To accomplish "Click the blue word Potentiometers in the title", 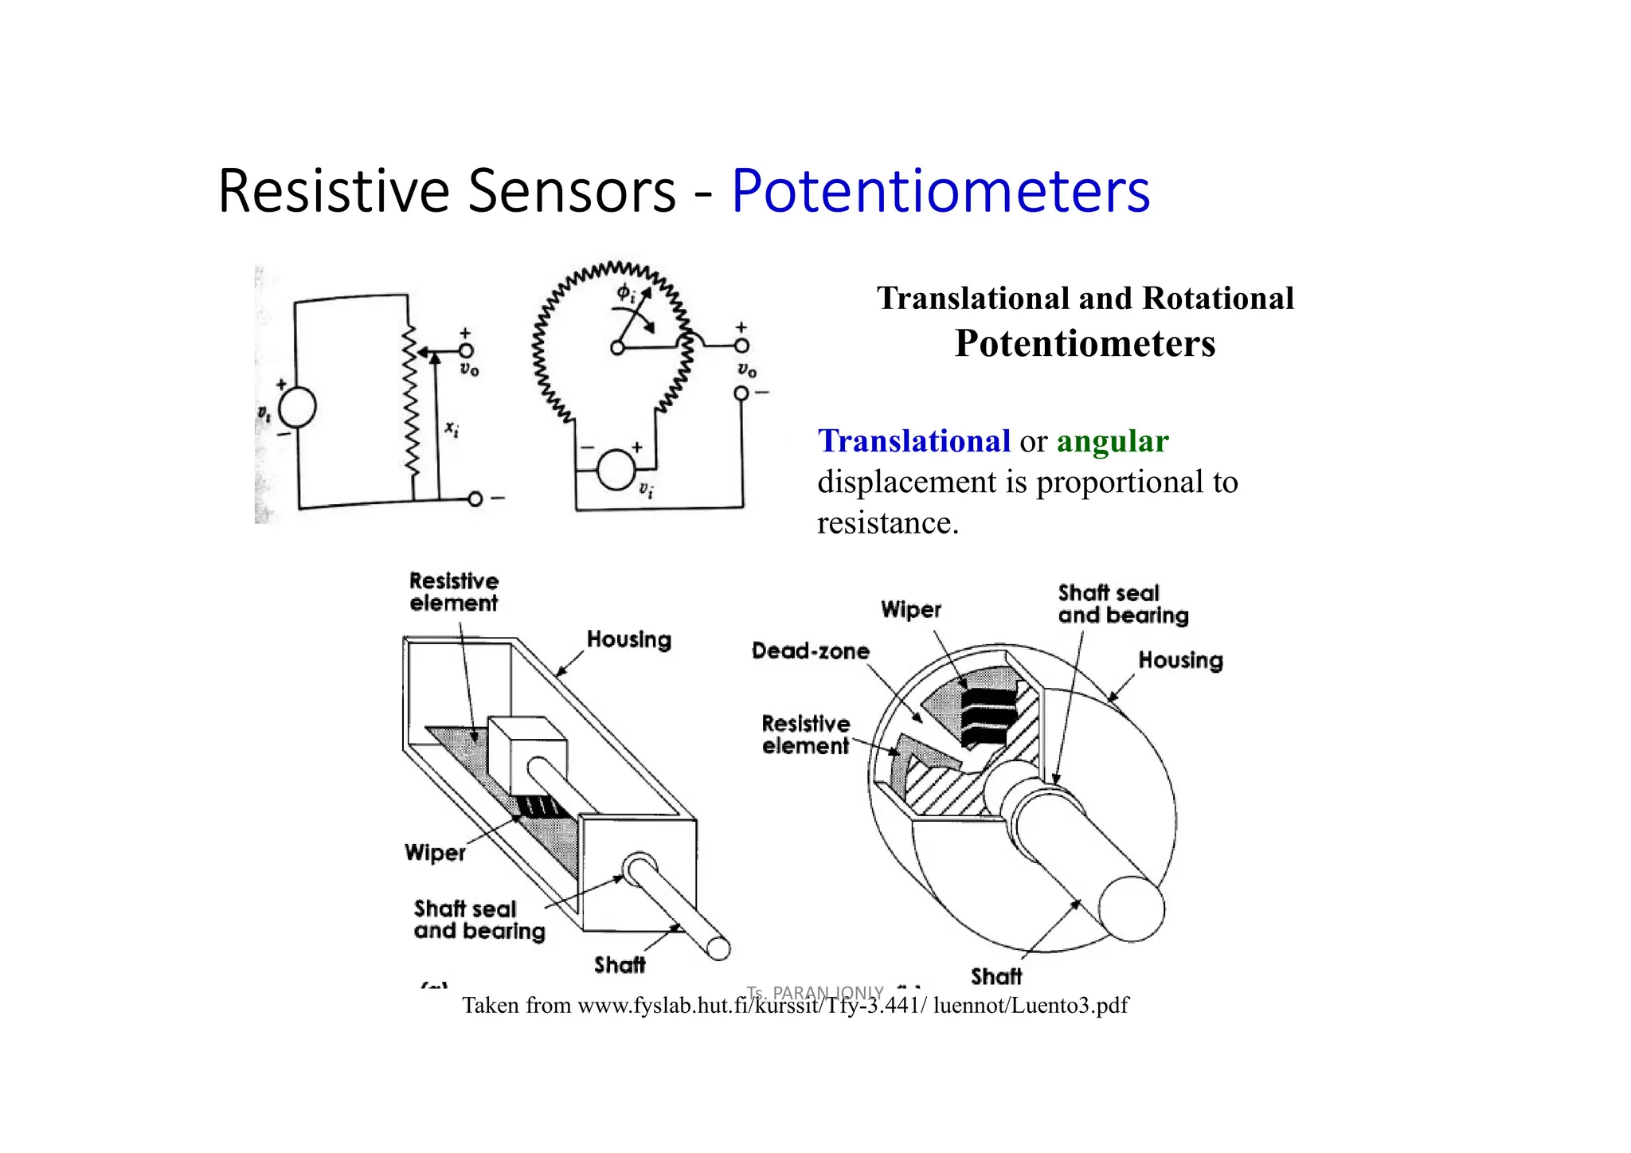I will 940,191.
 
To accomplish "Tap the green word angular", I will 1112,441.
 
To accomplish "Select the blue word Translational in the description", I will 913,441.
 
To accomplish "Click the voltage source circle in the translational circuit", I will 297,406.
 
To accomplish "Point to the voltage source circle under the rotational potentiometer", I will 616,468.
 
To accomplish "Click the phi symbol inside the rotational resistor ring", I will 625,293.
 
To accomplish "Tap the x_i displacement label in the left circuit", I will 452,428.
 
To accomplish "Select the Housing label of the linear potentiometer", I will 628,639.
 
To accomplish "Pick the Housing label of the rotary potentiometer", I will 1179,660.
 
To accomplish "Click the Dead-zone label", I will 810,651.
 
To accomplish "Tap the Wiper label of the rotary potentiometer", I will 910,610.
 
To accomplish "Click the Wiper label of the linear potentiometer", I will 434,853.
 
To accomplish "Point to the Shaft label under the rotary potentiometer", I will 995,976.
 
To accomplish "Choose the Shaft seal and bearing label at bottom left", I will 479,920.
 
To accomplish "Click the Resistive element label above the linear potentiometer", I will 453,592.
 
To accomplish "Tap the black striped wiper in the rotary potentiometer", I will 988,717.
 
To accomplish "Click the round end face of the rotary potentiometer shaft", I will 1131,909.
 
